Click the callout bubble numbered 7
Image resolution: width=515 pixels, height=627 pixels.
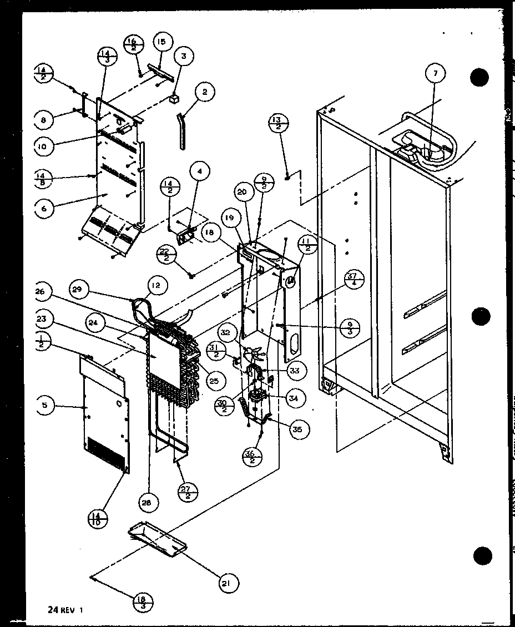[x=436, y=73]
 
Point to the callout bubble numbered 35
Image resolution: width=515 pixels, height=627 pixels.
[x=299, y=428]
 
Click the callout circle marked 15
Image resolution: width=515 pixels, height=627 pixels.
[x=161, y=42]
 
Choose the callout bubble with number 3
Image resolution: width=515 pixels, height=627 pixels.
[x=183, y=55]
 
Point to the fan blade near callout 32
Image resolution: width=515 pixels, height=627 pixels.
[x=255, y=352]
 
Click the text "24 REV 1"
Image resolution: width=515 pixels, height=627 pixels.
[x=65, y=609]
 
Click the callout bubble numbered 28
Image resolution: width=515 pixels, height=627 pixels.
[x=149, y=502]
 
